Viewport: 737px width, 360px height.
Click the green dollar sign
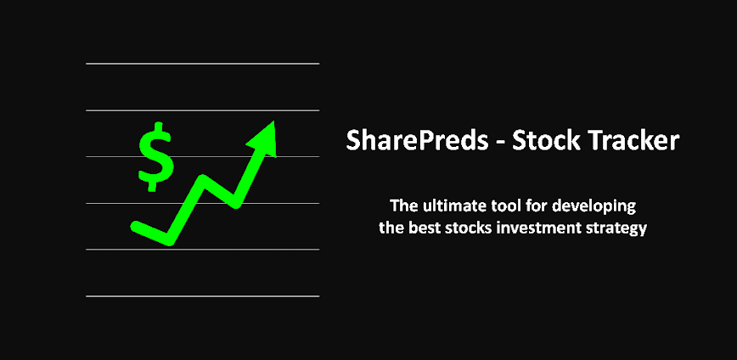tap(155, 157)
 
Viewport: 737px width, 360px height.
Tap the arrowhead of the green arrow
tap(264, 137)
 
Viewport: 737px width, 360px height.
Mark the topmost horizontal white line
tap(202, 64)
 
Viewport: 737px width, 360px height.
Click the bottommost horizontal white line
tap(202, 295)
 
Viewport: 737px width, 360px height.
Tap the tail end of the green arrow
tap(136, 226)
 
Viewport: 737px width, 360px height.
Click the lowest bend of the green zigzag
tap(170, 239)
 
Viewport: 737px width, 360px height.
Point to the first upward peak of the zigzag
tap(204, 181)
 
